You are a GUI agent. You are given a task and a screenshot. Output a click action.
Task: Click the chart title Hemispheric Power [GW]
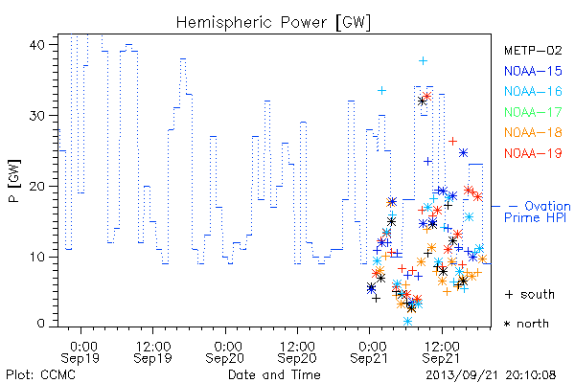click(273, 22)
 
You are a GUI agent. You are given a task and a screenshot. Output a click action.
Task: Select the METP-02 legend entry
click(533, 50)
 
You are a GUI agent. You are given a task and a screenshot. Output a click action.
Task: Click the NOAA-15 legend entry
click(533, 71)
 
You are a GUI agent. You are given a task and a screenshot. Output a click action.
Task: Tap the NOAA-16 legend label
click(533, 91)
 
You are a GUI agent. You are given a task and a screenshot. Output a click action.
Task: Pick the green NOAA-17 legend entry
click(533, 112)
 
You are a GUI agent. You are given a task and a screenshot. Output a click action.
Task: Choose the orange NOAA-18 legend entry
click(533, 132)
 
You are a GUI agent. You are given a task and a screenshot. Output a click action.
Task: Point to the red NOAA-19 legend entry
click(533, 153)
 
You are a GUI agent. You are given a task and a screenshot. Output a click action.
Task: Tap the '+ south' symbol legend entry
click(530, 294)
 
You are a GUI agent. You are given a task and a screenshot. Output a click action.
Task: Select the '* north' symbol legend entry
click(526, 324)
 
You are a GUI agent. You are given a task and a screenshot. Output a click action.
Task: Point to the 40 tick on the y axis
click(36, 45)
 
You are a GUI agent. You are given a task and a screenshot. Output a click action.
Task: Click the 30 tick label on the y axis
click(36, 116)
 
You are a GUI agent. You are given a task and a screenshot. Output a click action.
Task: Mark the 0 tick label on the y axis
click(40, 324)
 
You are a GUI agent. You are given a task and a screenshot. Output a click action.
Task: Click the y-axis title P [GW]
click(14, 181)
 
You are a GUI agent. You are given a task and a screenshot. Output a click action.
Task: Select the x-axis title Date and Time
click(274, 375)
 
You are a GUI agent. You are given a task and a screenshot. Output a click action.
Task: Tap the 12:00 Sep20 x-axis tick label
click(297, 352)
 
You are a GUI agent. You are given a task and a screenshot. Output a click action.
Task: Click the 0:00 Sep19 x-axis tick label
click(80, 352)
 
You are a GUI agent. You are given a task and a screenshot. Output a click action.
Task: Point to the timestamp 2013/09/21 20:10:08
click(491, 375)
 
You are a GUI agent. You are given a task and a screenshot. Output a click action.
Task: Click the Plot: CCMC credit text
click(40, 375)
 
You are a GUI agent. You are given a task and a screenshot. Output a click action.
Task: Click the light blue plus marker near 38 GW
click(423, 61)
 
